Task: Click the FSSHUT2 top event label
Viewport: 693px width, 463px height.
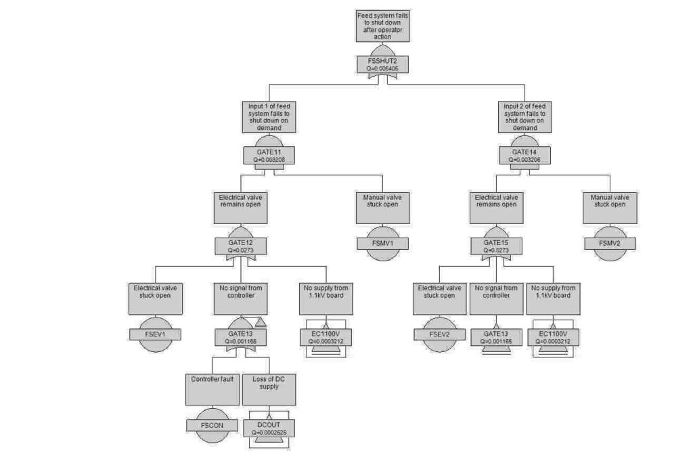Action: (383, 64)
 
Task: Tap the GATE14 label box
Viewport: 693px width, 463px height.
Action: (524, 156)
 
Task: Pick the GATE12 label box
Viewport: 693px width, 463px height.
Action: (240, 245)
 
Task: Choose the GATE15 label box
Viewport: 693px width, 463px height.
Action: (497, 245)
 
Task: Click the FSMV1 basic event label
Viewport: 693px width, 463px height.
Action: (383, 242)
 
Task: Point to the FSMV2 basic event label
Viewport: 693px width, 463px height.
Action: (611, 242)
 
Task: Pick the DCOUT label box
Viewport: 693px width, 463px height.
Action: (269, 428)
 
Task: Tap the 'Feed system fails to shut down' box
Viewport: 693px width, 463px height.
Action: (383, 26)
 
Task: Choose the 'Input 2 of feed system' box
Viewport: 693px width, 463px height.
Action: (524, 117)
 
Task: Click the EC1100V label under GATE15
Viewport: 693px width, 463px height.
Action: (554, 337)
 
